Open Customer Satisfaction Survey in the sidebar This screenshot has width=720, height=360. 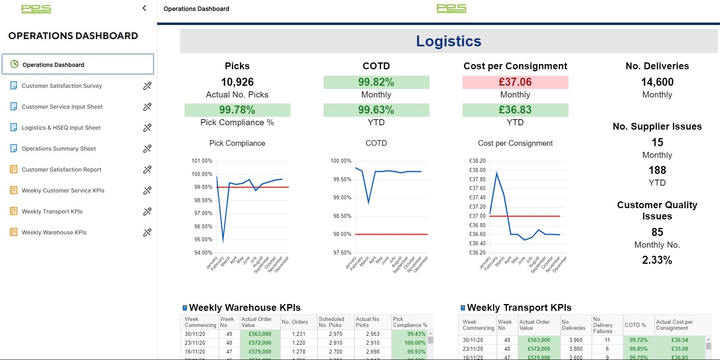pos(62,86)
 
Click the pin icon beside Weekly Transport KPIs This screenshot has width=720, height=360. pos(147,211)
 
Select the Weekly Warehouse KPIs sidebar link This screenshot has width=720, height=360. pos(54,232)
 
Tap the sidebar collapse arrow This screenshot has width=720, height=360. pos(144,8)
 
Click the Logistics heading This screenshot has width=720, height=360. pos(448,41)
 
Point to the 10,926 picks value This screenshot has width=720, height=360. pos(237,82)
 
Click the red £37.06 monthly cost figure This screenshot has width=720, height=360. pos(515,82)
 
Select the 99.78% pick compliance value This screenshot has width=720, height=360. pos(237,110)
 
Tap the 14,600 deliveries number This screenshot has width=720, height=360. pos(657,82)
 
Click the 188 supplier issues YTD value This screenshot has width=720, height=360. pos(657,170)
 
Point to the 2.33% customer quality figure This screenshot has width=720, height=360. pos(657,260)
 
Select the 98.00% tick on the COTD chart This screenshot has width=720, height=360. pos(342,234)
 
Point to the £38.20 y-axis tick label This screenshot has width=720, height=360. pos(477,161)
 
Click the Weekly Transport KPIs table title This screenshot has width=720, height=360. pos(519,308)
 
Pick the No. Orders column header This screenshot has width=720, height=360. pos(295,322)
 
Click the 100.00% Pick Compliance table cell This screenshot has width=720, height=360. pos(415,343)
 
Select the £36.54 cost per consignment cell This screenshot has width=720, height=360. pos(679,340)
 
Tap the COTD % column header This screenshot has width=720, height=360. pos(635,325)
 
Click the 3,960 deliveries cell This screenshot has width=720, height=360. pos(575,340)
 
